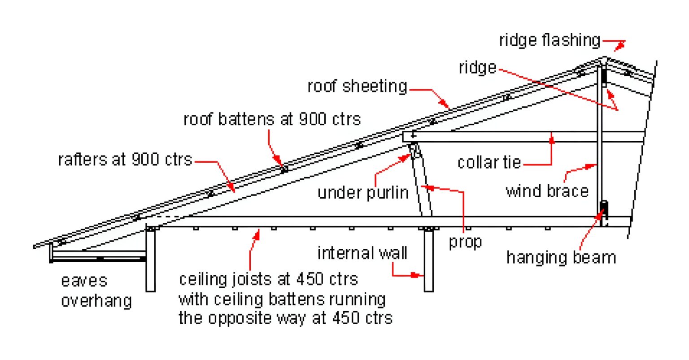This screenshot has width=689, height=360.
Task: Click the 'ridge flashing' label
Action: [549, 40]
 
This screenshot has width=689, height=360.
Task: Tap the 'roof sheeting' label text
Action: [357, 86]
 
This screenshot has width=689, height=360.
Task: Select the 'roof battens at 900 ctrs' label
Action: [272, 119]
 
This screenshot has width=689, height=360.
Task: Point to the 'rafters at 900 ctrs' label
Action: [125, 159]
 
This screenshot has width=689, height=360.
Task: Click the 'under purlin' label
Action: [363, 192]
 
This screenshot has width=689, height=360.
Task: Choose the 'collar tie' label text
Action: [489, 162]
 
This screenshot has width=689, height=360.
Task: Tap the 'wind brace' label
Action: [547, 191]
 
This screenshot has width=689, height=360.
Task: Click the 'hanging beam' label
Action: [561, 257]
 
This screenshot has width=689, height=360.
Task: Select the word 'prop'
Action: [465, 242]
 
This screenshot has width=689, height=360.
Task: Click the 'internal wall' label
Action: [362, 253]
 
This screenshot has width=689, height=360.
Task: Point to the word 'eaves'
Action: [84, 281]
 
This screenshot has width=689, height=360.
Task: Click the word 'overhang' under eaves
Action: [96, 300]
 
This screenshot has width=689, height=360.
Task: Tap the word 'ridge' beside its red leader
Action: [477, 68]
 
